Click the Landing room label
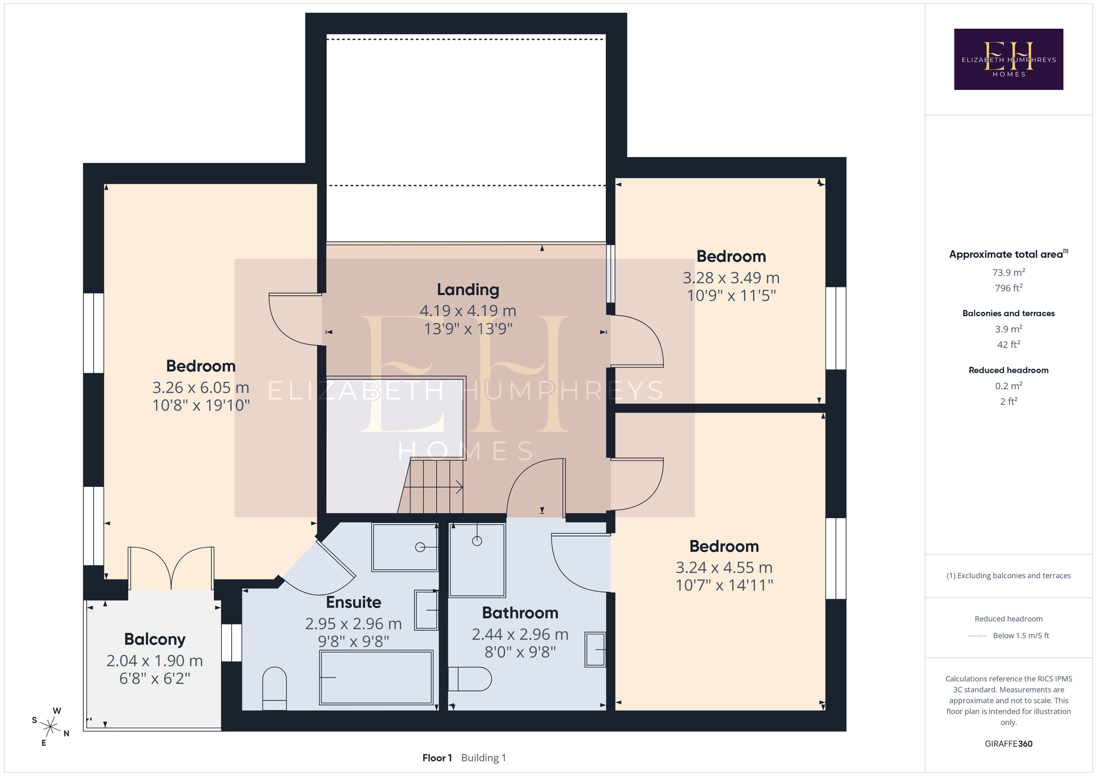[468, 290]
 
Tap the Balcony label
[155, 640]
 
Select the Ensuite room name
[353, 602]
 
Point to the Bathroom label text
[520, 612]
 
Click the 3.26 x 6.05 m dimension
[201, 388]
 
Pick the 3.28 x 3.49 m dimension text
[731, 278]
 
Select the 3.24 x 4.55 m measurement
[724, 568]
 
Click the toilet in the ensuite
[274, 688]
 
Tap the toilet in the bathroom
[470, 679]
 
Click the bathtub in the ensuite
[376, 677]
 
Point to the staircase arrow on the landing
[433, 487]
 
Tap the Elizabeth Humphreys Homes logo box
[1008, 59]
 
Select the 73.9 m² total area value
[1008, 272]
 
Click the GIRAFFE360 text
[1008, 744]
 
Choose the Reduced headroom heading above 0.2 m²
[1008, 370]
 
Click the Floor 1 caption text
[437, 758]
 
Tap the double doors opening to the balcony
[171, 568]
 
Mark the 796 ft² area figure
[1008, 288]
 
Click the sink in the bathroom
[595, 649]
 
